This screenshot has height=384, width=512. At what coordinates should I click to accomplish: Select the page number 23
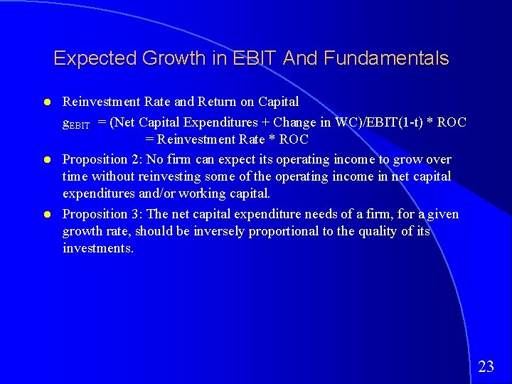point(486,367)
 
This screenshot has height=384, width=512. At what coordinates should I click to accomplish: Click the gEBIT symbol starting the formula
point(76,123)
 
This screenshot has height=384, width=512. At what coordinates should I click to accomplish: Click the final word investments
point(97,248)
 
